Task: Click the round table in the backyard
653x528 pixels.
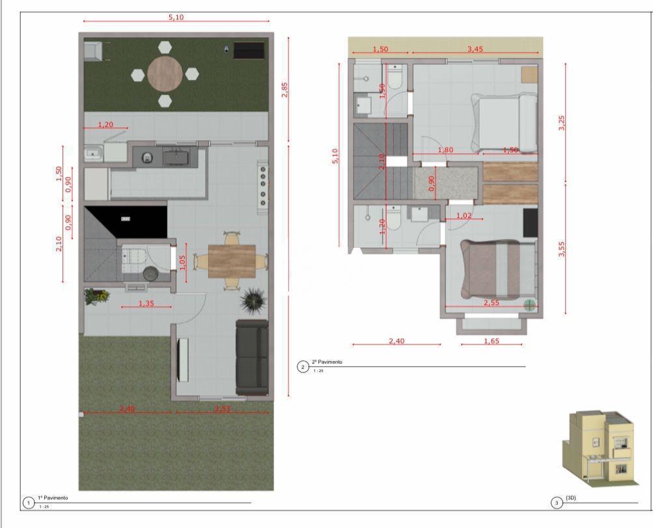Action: click(165, 74)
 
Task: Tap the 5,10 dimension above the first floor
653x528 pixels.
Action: click(176, 17)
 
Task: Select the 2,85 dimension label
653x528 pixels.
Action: click(285, 90)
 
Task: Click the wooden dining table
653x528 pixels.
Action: click(232, 261)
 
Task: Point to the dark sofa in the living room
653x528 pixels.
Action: click(252, 357)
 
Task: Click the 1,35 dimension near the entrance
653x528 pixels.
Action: click(146, 302)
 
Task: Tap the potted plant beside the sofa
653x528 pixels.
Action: click(253, 300)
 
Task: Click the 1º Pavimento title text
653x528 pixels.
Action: click(53, 498)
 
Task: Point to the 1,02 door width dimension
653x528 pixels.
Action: click(464, 216)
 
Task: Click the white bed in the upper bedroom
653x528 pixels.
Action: click(505, 122)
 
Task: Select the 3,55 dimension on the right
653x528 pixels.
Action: click(562, 249)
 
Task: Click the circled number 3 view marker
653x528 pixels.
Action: click(556, 502)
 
